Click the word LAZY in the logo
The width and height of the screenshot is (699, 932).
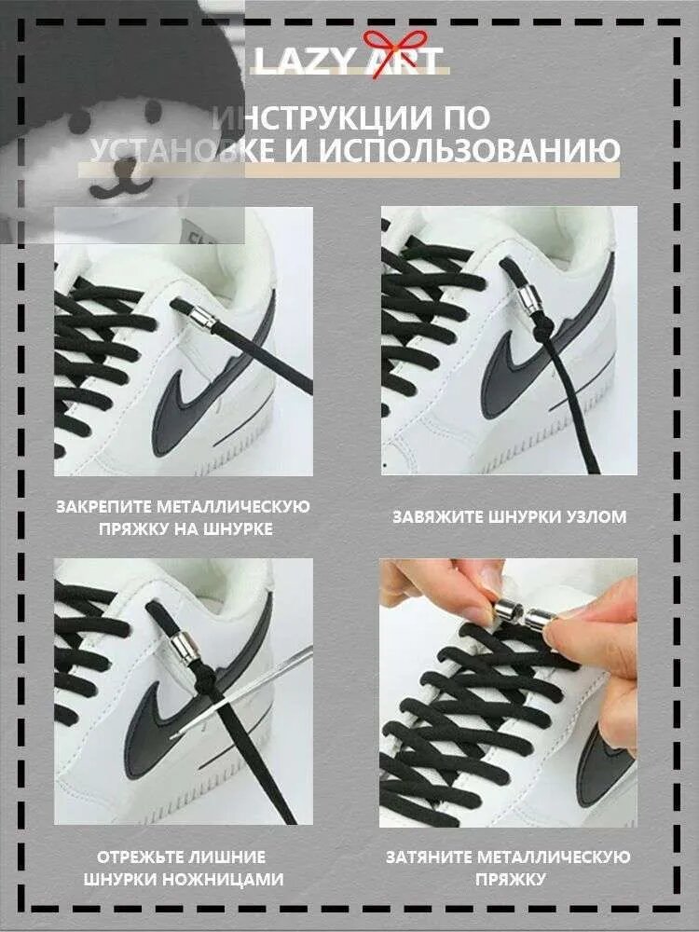306,61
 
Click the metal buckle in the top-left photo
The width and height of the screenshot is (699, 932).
203,319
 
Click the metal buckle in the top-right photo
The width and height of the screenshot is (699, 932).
528,298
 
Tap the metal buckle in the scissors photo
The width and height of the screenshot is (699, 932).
185,649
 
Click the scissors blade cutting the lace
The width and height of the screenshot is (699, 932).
243,692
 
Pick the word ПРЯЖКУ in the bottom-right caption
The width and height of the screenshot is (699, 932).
510,879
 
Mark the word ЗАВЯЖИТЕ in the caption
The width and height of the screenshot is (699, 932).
438,516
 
